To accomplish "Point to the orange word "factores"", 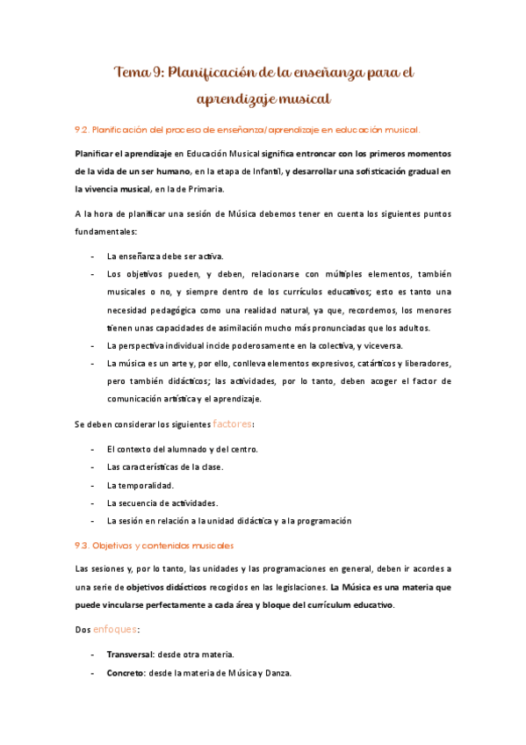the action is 233,423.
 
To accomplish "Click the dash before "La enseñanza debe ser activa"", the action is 94,257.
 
